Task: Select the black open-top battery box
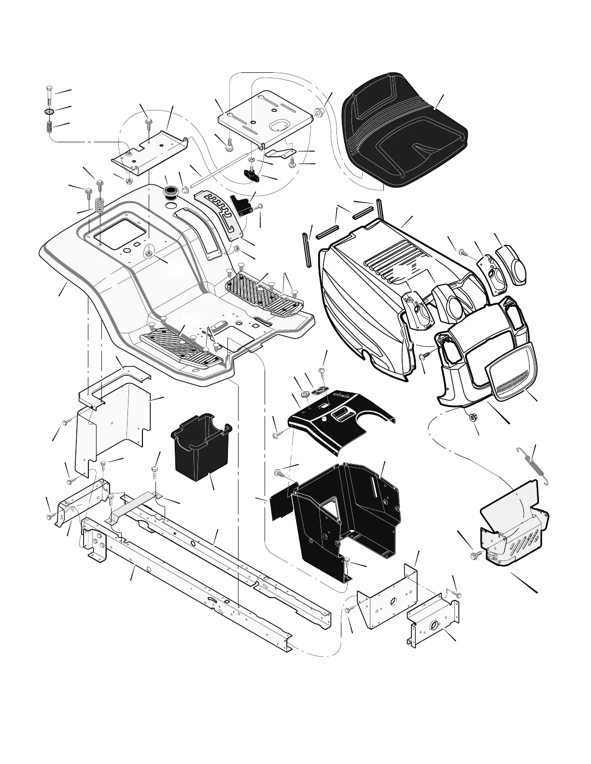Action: tap(199, 449)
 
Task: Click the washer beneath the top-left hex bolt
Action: tap(49, 113)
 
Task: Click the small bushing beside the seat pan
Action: tap(319, 113)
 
